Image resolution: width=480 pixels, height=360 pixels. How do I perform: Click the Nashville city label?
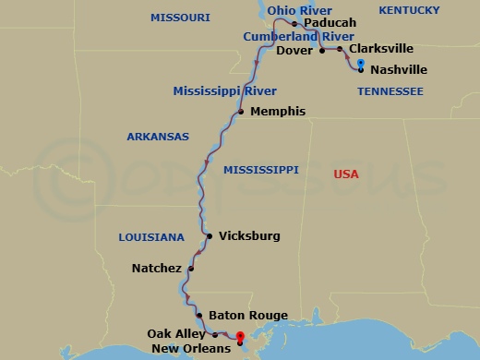398,69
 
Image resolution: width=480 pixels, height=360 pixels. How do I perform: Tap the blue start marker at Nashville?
360,63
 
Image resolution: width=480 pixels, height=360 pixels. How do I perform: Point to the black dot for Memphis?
240,112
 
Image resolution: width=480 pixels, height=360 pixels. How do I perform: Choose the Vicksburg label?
248,236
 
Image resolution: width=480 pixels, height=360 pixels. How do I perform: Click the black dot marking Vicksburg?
210,236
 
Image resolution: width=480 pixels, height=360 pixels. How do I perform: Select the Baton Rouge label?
242,315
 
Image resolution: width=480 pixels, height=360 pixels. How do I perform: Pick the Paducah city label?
330,23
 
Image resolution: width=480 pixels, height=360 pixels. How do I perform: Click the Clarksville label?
381,49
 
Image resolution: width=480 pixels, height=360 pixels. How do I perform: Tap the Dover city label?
294,51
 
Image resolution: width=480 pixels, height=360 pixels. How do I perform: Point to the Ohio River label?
299,10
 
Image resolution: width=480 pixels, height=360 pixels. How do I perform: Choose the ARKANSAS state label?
158,137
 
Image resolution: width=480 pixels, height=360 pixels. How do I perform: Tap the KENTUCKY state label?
409,9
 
